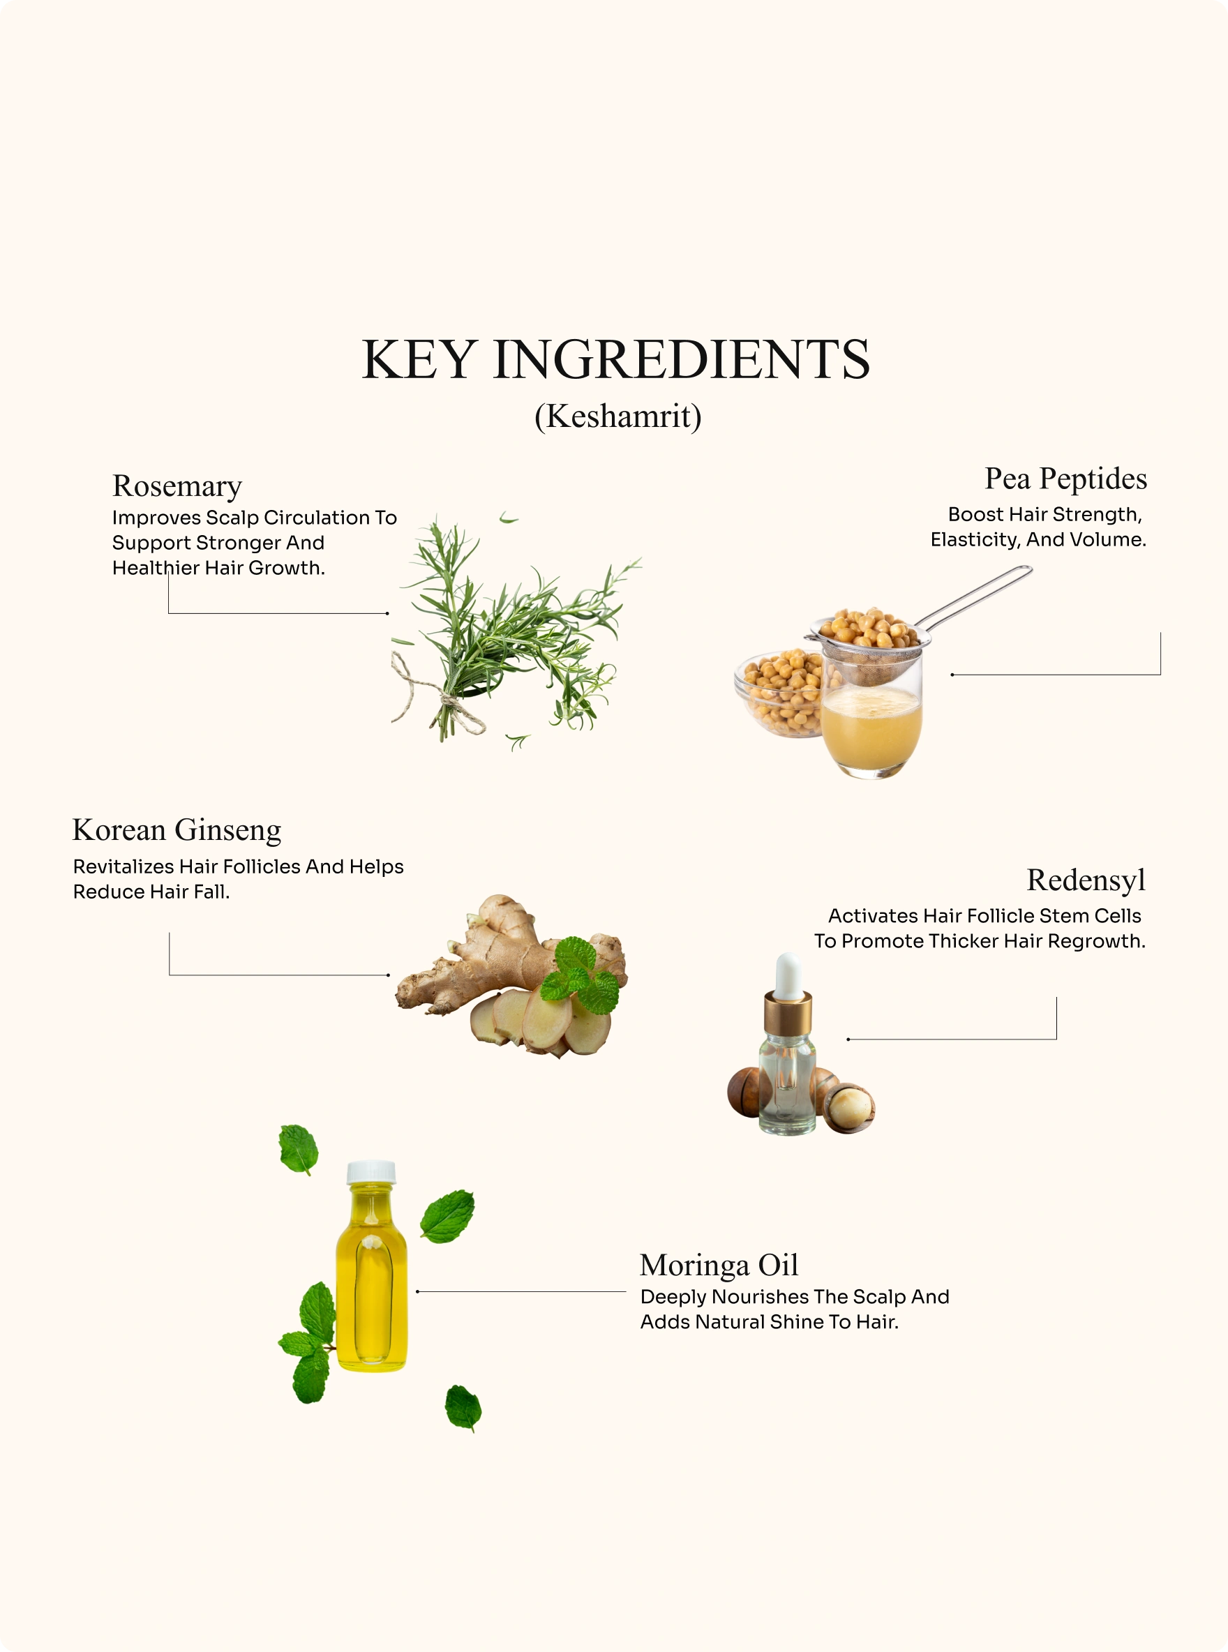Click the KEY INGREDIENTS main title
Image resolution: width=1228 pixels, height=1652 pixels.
[x=615, y=360]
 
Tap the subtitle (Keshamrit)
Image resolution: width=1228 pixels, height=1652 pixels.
[x=617, y=416]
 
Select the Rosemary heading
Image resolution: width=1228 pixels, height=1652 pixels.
[x=177, y=487]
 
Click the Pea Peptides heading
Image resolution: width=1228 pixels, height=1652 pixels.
[x=1065, y=479]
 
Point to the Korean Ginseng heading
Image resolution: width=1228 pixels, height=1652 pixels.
[x=177, y=830]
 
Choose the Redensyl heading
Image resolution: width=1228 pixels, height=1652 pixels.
[x=1086, y=880]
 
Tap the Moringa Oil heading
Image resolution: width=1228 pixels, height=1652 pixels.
[x=719, y=1265]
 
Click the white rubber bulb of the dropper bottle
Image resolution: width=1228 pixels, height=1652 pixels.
[x=788, y=975]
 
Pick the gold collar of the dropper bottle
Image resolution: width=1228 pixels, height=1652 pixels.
[x=788, y=1012]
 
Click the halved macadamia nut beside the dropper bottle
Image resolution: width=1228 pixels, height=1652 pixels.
[x=851, y=1107]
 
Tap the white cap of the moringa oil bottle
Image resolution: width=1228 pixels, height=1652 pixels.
[x=371, y=1172]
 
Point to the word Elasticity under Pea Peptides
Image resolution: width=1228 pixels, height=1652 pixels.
[x=975, y=540]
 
